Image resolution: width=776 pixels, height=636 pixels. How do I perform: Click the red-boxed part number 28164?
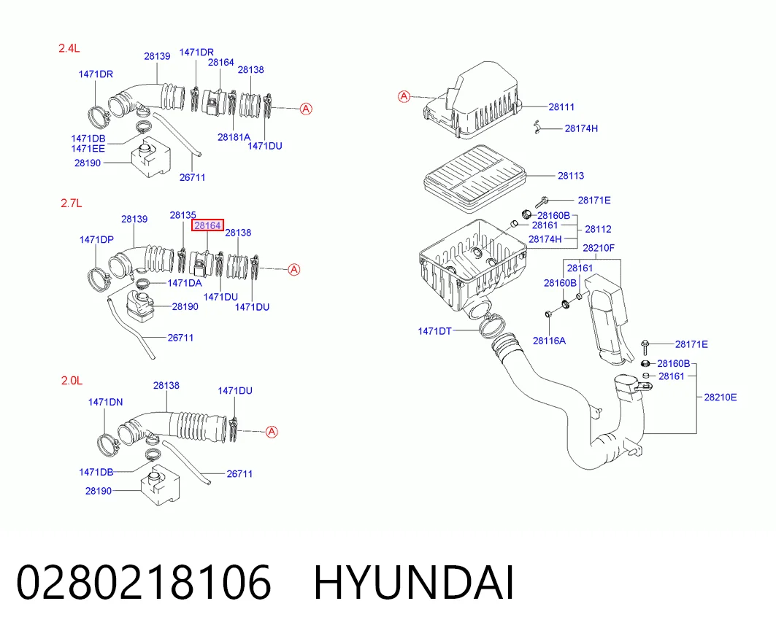tap(207, 225)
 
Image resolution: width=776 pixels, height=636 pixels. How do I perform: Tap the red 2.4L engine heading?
tap(69, 48)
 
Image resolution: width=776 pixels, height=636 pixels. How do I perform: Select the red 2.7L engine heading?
tap(72, 203)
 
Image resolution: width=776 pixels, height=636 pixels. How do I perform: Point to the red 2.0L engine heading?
tap(72, 380)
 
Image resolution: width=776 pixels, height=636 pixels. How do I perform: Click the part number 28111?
tap(561, 106)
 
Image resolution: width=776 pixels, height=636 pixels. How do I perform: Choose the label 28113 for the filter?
tap(571, 176)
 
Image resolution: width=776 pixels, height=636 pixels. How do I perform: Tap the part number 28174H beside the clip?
tap(581, 128)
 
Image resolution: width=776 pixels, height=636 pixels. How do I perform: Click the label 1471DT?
tap(434, 331)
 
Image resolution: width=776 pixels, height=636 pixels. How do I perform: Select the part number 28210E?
tap(720, 397)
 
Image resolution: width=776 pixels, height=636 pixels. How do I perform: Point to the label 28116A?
tap(549, 341)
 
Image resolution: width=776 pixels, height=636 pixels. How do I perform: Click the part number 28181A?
tap(234, 137)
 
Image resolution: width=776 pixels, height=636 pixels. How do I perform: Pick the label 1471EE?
tap(88, 148)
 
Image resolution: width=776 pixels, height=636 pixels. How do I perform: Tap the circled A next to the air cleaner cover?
tap(404, 96)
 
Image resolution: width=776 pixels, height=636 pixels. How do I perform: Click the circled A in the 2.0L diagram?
tap(272, 432)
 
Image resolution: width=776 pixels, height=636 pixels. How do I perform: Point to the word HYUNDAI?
tap(414, 583)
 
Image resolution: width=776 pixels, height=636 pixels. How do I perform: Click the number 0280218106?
tap(144, 583)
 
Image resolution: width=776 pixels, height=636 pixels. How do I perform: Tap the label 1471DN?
tap(105, 402)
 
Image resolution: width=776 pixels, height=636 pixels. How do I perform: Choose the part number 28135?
tap(183, 215)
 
